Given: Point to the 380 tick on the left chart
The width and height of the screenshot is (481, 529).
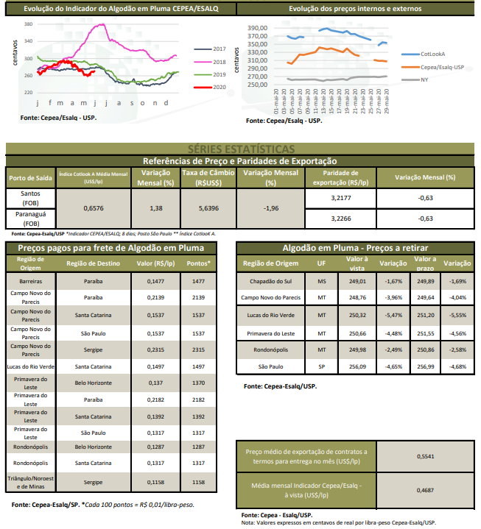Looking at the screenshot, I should (28, 24).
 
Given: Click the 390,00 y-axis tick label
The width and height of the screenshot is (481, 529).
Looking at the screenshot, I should (257, 28).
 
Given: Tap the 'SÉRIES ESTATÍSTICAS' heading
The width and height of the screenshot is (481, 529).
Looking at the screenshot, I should (241, 149).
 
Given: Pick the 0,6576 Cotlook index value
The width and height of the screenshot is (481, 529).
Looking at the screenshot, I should (94, 208).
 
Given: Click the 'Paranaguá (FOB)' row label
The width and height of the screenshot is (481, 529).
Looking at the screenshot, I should (32, 218).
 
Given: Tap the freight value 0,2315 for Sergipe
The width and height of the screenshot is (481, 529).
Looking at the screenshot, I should (155, 349).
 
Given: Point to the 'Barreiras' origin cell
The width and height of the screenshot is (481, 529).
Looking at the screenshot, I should (31, 281).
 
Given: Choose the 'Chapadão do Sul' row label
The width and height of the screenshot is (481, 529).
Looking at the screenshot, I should (271, 281).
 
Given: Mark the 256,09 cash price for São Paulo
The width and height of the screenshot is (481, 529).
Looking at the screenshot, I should (357, 365).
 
